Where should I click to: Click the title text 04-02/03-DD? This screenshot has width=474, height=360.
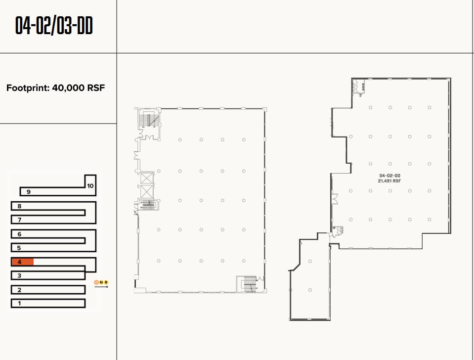(54, 26)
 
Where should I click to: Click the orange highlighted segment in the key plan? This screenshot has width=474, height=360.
(23, 262)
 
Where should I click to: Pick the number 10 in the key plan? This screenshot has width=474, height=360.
(90, 186)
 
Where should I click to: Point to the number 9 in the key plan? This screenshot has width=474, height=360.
(29, 192)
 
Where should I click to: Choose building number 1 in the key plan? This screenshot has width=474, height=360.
(19, 303)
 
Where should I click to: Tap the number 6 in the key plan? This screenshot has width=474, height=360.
(19, 234)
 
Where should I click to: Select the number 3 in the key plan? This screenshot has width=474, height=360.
(19, 276)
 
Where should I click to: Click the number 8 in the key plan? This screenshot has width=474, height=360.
(19, 206)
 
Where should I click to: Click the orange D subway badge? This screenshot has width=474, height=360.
(96, 282)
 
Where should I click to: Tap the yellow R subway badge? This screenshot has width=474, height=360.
(106, 282)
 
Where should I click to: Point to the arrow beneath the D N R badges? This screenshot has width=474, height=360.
(101, 287)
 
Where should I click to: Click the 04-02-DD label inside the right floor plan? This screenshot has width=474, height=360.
(389, 176)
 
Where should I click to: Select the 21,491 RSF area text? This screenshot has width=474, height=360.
(389, 181)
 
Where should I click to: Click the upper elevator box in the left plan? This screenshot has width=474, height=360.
(147, 179)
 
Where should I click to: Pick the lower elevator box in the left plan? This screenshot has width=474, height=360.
(147, 191)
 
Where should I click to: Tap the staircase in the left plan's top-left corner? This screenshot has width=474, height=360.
(149, 120)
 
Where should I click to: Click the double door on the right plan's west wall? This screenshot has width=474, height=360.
(334, 199)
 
